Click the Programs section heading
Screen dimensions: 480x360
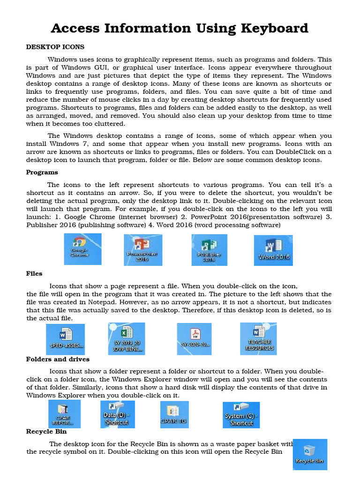(x=42, y=172)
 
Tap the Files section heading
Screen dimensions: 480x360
(x=34, y=273)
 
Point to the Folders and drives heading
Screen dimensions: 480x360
(x=58, y=359)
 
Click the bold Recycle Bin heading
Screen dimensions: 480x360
(x=46, y=431)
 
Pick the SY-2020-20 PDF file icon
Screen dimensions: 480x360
(x=194, y=338)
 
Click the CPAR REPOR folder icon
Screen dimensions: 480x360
(x=64, y=413)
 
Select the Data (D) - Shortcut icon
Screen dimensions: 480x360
(x=117, y=413)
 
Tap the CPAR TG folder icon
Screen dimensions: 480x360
(x=173, y=414)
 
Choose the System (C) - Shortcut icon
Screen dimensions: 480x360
(x=241, y=414)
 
